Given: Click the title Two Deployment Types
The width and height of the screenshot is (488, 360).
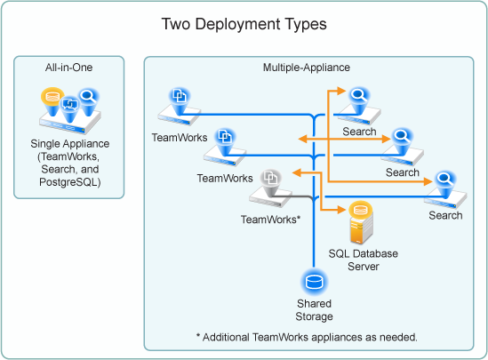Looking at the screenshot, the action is (x=244, y=24).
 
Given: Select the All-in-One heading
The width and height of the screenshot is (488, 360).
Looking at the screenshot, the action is (x=68, y=68).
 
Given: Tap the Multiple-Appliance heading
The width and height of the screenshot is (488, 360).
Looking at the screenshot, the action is (x=307, y=68).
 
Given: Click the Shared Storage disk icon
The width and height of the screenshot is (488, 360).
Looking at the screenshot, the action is (x=314, y=282).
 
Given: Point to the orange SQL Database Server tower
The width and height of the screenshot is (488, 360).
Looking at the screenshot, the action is (x=361, y=223).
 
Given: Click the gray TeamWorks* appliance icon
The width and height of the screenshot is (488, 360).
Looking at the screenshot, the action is (x=270, y=188).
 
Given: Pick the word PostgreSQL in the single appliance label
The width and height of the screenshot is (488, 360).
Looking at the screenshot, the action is (x=69, y=182).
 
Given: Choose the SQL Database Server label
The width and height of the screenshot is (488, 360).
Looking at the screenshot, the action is (x=364, y=260).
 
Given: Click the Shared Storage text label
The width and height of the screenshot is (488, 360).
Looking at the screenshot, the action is (x=314, y=310).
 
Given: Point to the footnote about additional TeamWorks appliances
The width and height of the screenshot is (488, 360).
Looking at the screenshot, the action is (x=307, y=337).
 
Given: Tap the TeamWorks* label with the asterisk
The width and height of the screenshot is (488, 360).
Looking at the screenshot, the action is (x=270, y=220).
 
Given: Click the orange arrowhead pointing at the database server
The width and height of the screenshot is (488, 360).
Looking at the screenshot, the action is (x=341, y=210).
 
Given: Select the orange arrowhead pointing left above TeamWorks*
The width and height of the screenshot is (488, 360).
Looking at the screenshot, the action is (x=297, y=172).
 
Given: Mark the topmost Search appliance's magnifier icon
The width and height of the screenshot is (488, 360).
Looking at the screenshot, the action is (x=359, y=94).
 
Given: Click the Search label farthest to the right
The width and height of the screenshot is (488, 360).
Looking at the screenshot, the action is (x=445, y=215).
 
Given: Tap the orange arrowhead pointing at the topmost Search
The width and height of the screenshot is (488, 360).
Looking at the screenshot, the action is (x=341, y=91).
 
